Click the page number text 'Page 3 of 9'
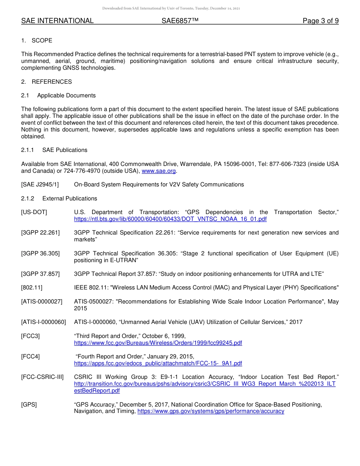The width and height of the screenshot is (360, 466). [x=320, y=21]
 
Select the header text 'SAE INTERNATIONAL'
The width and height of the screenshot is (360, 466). [x=57, y=21]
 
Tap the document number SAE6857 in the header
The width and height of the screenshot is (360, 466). [x=180, y=21]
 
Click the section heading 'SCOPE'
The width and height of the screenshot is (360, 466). [x=42, y=41]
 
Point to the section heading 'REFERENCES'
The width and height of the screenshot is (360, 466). [x=52, y=82]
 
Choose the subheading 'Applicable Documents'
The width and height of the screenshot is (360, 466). [x=66, y=95]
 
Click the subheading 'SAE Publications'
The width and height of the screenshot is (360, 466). [x=65, y=150]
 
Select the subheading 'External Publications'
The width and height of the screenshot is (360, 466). [x=70, y=199]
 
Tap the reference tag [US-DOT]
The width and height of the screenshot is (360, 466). [x=34, y=212]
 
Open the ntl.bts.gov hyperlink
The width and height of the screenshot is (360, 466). [x=170, y=219]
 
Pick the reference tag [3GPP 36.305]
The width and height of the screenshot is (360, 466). [x=40, y=253]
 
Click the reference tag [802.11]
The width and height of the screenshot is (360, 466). [x=32, y=288]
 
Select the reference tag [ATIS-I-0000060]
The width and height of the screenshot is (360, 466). [x=44, y=322]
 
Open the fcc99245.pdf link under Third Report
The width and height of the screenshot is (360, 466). [x=158, y=343]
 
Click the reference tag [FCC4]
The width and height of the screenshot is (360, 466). [x=30, y=357]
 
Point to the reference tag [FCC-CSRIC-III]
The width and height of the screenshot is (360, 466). [x=42, y=377]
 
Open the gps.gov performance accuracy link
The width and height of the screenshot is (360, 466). [x=211, y=411]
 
